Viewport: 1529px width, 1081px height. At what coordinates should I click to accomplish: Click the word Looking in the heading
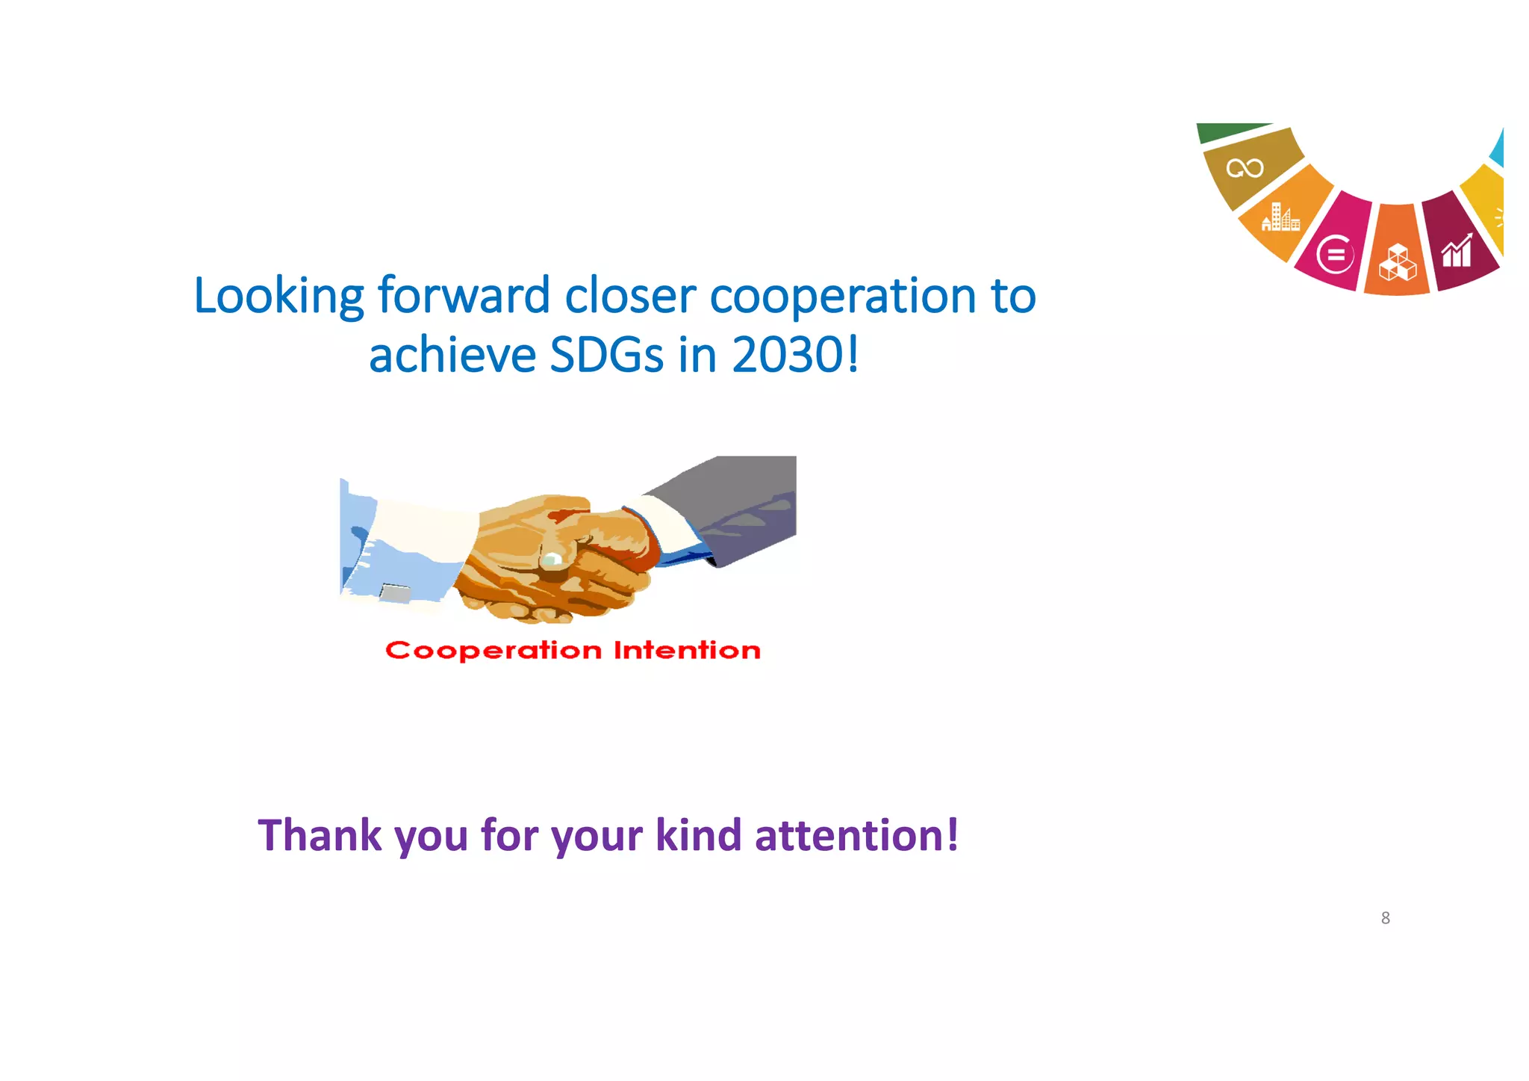click(278, 297)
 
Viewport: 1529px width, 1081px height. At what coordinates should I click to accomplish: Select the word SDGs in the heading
click(606, 356)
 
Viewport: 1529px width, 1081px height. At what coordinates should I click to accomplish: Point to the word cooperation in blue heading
click(842, 297)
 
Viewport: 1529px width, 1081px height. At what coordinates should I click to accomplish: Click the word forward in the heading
click(464, 297)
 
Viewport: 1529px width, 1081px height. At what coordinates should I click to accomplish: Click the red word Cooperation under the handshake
click(493, 651)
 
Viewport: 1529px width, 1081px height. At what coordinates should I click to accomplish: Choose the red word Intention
click(687, 651)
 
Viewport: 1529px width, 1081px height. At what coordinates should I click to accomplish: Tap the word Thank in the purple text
click(320, 835)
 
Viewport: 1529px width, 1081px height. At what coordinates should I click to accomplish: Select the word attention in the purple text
click(849, 835)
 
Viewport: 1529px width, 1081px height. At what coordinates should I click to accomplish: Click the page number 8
click(1385, 918)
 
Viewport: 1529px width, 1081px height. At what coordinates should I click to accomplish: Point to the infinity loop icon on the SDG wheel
click(1245, 169)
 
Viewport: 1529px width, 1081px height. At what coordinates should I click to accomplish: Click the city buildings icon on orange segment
click(1280, 217)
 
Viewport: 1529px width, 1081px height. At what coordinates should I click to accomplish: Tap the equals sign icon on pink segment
click(1335, 255)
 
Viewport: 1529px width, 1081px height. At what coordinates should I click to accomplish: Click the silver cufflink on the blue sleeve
click(396, 594)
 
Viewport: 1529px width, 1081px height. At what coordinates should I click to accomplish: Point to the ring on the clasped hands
click(552, 559)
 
